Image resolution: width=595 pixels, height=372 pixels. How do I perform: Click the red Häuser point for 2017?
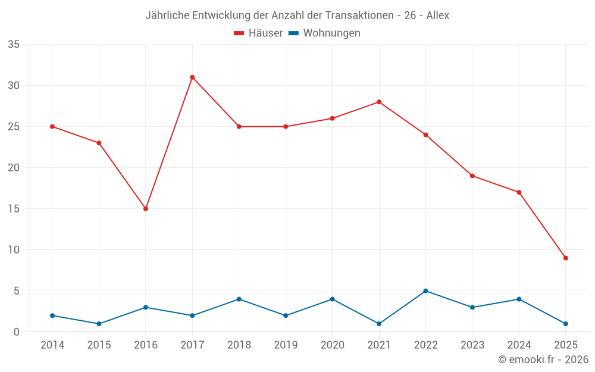tap(192, 77)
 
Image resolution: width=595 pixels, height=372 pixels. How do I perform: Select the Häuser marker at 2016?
tap(145, 209)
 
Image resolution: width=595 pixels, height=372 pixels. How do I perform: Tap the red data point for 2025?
tap(566, 258)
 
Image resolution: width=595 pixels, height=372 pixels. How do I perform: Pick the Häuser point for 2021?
tap(379, 102)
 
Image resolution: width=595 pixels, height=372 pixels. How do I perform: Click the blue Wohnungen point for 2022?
tap(425, 291)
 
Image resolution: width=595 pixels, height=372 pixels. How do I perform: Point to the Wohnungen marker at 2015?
tap(99, 324)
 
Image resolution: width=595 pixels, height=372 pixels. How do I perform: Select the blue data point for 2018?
tap(239, 299)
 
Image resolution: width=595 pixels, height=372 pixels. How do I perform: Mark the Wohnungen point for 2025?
tap(566, 324)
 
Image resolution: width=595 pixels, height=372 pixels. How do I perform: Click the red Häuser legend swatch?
tap(239, 33)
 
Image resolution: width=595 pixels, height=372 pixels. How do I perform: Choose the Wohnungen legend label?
tap(331, 33)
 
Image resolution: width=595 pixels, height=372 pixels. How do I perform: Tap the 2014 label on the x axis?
tap(52, 345)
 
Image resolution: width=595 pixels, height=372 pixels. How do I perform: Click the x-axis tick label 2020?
tap(332, 345)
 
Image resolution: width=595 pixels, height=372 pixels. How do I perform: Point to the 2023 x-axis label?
tap(472, 345)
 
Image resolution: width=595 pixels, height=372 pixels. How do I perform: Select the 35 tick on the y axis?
tap(14, 45)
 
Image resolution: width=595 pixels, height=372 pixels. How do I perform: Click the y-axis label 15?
tap(14, 209)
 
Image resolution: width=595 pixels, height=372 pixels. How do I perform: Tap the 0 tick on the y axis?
tap(17, 332)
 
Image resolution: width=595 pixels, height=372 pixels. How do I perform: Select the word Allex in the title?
tap(438, 15)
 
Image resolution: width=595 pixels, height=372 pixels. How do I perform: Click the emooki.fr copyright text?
tap(543, 360)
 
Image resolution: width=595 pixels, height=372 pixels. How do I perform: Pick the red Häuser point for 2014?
tap(52, 127)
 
